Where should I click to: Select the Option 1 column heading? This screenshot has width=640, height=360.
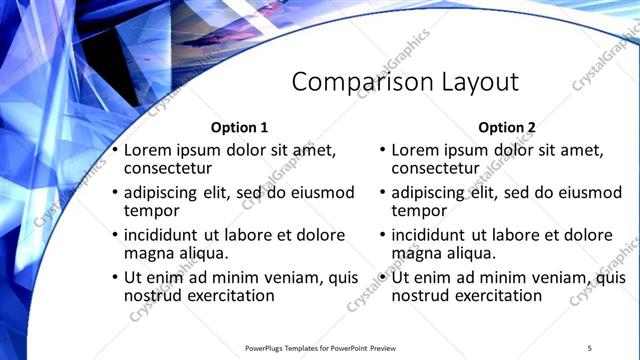coord(239,127)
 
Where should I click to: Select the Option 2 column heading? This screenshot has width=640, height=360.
coord(507,127)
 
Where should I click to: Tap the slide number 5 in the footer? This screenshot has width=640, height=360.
coord(590,347)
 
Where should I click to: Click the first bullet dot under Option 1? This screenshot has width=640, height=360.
coord(114,150)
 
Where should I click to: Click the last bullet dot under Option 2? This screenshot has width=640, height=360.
coord(383,277)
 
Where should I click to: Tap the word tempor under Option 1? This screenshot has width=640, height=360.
coord(151,211)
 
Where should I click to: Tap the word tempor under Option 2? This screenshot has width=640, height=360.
coord(419,211)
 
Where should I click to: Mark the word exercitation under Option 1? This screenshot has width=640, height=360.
coord(229,296)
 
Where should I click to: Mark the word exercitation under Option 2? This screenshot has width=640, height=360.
coord(497,296)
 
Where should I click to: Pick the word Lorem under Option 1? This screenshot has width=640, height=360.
coord(147,149)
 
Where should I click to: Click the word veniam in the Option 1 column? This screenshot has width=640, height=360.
coord(266,277)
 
